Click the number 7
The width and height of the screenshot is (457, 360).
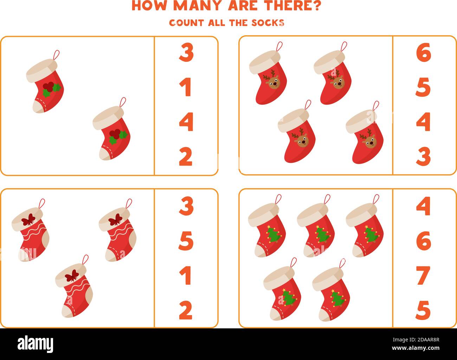(x=423, y=276)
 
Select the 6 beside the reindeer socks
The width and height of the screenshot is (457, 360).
(x=423, y=52)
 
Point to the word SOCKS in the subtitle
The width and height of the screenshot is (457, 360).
(x=268, y=23)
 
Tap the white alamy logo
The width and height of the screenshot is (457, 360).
(x=35, y=343)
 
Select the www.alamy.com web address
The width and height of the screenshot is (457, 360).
(x=416, y=348)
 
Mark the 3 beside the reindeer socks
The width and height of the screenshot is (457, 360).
(x=423, y=156)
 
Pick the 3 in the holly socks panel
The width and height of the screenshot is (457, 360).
(x=186, y=52)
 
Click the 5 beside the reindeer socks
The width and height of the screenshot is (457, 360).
(x=423, y=87)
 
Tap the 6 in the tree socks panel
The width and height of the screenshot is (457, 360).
(x=424, y=240)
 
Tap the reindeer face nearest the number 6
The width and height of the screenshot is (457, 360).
(x=338, y=82)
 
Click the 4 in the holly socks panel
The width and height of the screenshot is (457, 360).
(x=186, y=122)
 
